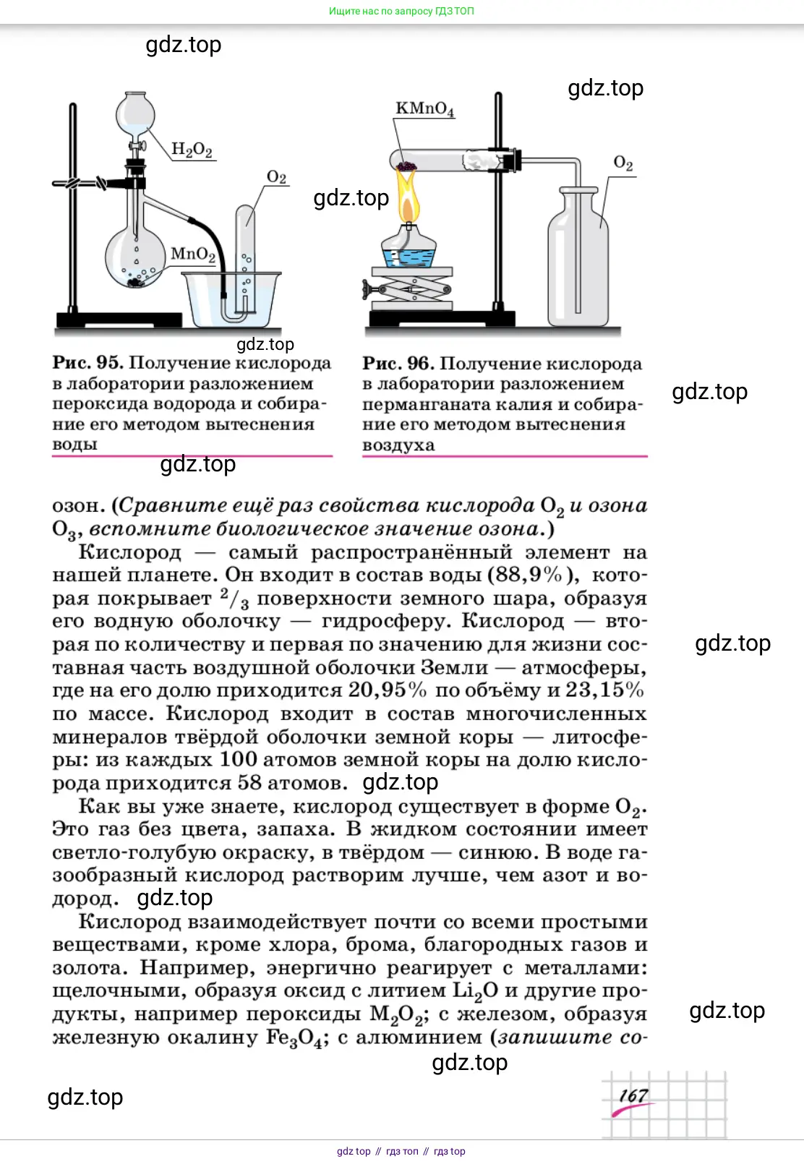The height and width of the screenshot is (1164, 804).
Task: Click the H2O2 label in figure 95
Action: pyautogui.click(x=192, y=150)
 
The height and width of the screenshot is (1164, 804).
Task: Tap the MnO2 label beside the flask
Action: pyautogui.click(x=193, y=254)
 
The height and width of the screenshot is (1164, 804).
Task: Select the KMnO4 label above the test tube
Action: pyautogui.click(x=424, y=109)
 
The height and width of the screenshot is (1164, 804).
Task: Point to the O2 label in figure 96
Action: pyautogui.click(x=623, y=163)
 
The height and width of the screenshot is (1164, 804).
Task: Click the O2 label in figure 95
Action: pyautogui.click(x=276, y=177)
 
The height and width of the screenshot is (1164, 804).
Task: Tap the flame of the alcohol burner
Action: pyautogui.click(x=409, y=199)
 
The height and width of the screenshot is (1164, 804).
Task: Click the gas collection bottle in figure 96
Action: pyautogui.click(x=578, y=260)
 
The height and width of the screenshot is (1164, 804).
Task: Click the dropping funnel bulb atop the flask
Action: pyautogui.click(x=135, y=112)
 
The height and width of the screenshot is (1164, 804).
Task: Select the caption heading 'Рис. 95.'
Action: pyautogui.click(x=87, y=363)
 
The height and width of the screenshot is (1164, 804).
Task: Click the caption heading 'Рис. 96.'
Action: pyautogui.click(x=398, y=364)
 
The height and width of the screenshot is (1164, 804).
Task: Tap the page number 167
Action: pyautogui.click(x=633, y=1096)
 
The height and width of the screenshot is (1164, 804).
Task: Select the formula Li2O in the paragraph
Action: pyautogui.click(x=475, y=991)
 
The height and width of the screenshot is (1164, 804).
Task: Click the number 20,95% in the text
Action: pyautogui.click(x=388, y=690)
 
